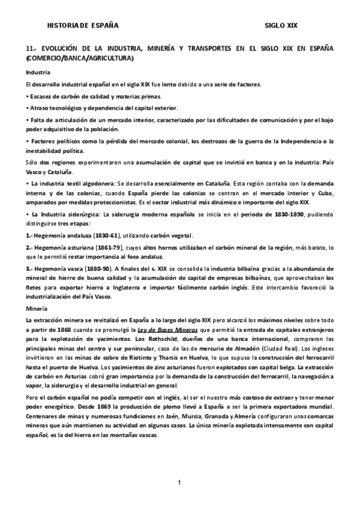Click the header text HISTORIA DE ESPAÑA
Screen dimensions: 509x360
click(83, 26)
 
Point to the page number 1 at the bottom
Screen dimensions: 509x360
click(179, 483)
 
